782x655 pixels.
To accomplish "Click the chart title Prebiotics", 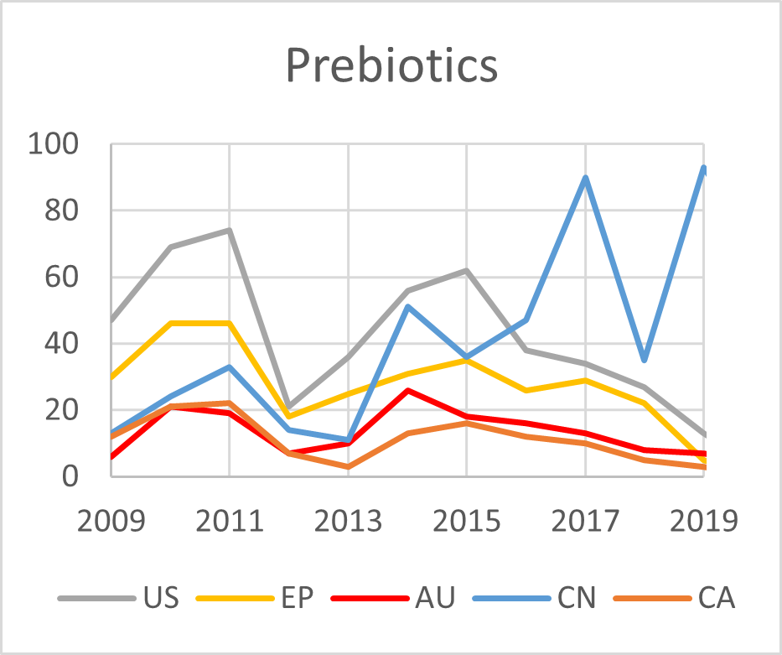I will (391, 65).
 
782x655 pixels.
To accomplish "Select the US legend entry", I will (160, 598).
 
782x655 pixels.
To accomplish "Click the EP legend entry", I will (297, 598).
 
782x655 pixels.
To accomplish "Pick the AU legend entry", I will (434, 598).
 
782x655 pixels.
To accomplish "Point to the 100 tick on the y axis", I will (53, 144).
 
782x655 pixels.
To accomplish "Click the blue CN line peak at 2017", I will (585, 177).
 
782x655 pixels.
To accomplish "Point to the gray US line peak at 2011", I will (229, 231).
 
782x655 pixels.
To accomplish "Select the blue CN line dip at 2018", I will (644, 360).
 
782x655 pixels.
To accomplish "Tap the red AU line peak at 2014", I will (407, 390).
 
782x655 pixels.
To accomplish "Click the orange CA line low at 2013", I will (348, 466).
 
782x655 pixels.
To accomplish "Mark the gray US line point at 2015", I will (466, 271).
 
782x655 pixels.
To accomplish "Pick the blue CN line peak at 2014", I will (407, 307).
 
